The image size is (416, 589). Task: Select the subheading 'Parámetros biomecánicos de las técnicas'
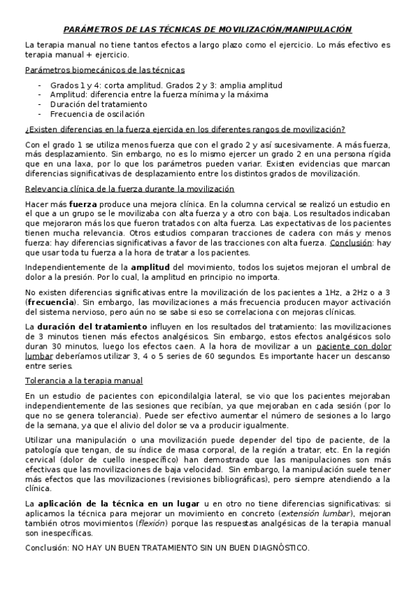pyautogui.click(x=104, y=70)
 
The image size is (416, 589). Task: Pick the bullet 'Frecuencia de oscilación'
pyautogui.click(x=97, y=114)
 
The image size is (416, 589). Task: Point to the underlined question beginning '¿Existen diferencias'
pyautogui.click(x=185, y=129)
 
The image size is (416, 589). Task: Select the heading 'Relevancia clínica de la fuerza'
pyautogui.click(x=129, y=189)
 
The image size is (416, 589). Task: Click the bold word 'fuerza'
pyautogui.click(x=83, y=204)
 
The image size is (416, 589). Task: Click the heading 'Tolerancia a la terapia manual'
pyautogui.click(x=83, y=381)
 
